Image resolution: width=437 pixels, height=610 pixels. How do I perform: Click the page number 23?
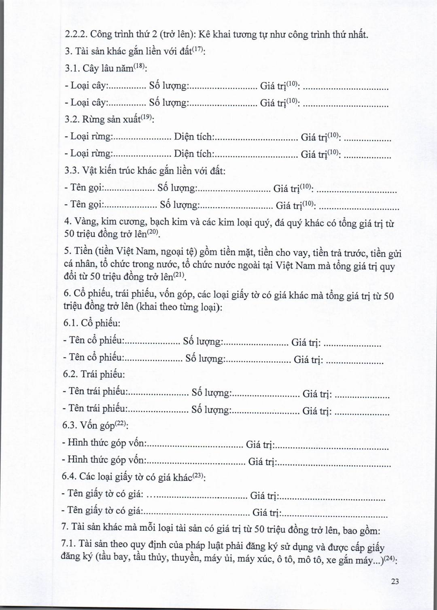click(x=395, y=581)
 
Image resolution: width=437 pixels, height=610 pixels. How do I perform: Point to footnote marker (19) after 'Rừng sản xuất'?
click(x=146, y=118)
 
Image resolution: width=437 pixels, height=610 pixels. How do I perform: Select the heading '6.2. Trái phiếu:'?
click(x=94, y=374)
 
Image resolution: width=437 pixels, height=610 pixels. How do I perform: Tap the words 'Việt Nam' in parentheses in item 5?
click(x=121, y=252)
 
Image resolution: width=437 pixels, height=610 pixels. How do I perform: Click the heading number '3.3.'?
click(x=72, y=170)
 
